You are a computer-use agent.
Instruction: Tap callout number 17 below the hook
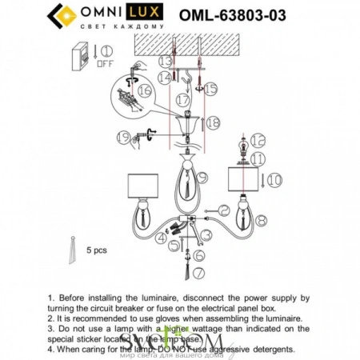coord(183,102)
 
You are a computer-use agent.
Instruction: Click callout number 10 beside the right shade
coord(274,182)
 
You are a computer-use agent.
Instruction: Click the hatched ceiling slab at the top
coord(184,45)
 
